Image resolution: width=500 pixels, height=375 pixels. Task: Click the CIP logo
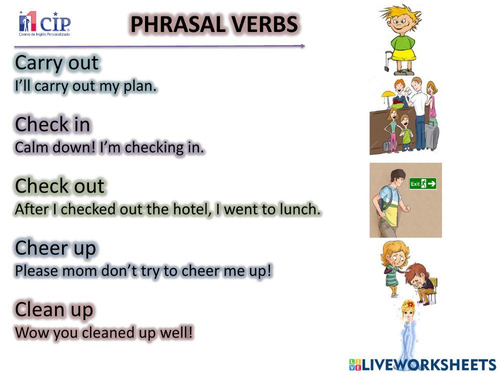(x=44, y=23)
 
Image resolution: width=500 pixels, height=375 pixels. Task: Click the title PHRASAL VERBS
(x=214, y=24)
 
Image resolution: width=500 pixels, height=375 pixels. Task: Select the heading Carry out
(x=57, y=63)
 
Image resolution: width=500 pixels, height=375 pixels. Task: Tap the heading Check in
(x=52, y=124)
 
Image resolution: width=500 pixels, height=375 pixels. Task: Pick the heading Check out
(x=60, y=186)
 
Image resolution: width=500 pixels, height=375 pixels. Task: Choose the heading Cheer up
(x=55, y=247)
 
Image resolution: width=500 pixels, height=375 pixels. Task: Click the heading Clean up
(x=54, y=309)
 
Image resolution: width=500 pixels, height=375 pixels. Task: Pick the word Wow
(x=30, y=332)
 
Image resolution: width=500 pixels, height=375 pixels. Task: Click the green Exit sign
(x=422, y=184)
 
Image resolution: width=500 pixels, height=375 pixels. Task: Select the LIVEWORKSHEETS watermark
(x=422, y=364)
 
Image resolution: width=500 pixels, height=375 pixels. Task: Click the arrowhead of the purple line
(x=302, y=46)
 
